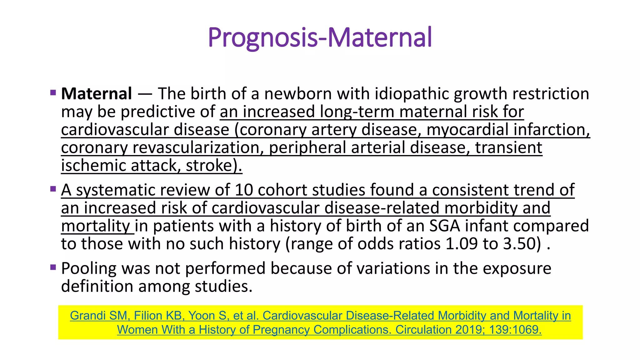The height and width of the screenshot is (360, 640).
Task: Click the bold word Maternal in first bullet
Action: coord(97,94)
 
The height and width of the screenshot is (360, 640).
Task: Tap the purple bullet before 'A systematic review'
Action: coord(53,189)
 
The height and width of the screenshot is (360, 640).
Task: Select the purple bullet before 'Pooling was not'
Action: coord(53,267)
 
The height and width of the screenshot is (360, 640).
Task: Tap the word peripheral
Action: coord(307,147)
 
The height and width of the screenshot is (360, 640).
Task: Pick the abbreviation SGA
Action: coord(444,226)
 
